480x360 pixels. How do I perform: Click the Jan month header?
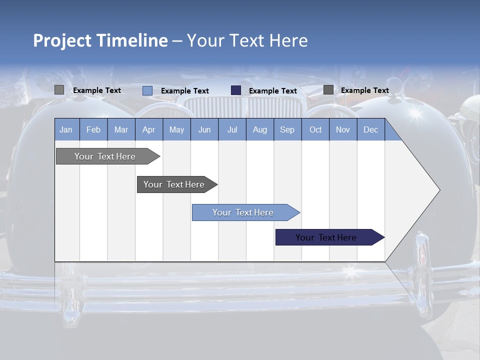pos(66,130)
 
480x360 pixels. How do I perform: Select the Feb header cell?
pos(93,130)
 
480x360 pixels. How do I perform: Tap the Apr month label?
pos(148,130)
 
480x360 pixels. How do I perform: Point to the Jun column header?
pos(204,130)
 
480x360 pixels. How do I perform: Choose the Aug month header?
pos(259,130)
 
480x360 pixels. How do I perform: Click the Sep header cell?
pos(287,130)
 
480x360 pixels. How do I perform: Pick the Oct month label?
pos(315,130)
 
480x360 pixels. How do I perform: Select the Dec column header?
pos(370,130)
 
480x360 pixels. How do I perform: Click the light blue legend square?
pos(147,90)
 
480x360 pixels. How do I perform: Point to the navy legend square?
pos(236,90)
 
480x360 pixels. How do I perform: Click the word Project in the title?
pos(62,40)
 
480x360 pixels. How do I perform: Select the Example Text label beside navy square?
pos(273,91)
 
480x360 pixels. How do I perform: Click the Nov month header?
pos(343,130)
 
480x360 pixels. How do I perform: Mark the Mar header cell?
pos(121,130)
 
